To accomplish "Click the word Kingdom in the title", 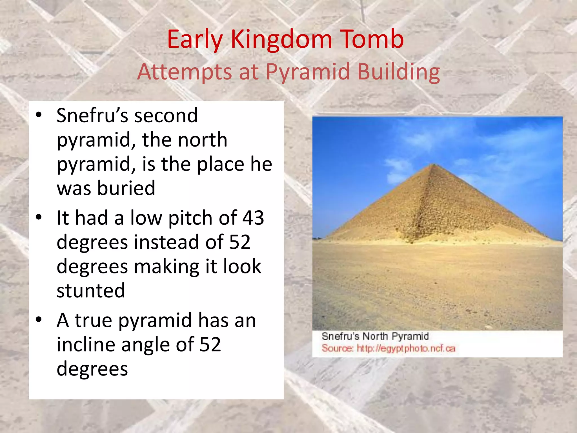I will [281, 40].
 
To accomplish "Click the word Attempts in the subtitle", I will [184, 72].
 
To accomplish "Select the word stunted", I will [91, 290].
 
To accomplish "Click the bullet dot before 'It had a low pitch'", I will [39, 217].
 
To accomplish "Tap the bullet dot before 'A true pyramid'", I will [39, 320].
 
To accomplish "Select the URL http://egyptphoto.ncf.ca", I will [406, 348].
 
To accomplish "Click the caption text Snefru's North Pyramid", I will [375, 336].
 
